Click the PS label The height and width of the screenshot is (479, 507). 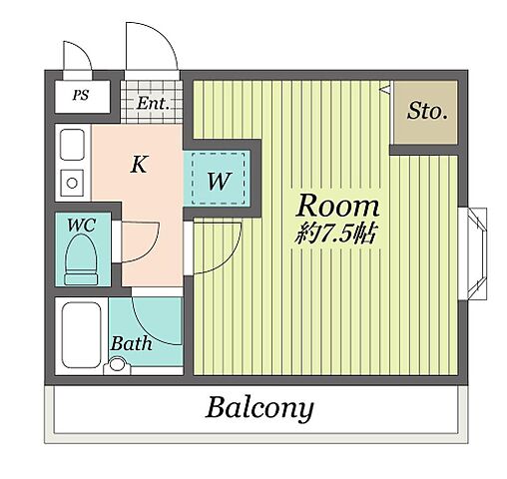(81, 96)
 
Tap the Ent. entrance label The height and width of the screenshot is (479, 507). (153, 103)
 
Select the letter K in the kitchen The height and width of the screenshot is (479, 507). (139, 165)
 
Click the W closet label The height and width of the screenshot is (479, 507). (219, 182)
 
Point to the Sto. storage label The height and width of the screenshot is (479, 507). (427, 111)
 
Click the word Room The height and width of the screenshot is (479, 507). (337, 206)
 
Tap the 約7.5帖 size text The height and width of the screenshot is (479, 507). (335, 233)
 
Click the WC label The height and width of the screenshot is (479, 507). (82, 226)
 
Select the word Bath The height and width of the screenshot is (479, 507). (132, 343)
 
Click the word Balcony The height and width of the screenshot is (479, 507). (259, 409)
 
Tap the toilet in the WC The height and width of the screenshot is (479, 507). (81, 259)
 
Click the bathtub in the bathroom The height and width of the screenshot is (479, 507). (82, 335)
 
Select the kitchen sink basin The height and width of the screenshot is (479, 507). (72, 145)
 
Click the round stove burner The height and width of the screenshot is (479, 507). (72, 183)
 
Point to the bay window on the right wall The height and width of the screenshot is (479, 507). (473, 253)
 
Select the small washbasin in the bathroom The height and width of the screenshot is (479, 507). (117, 365)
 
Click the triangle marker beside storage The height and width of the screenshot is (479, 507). (385, 89)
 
